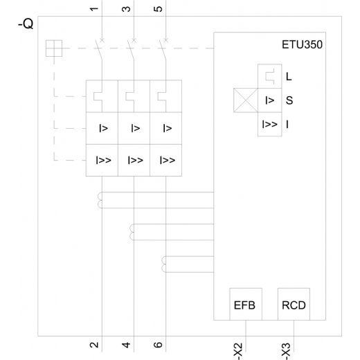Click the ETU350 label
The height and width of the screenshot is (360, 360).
point(302,44)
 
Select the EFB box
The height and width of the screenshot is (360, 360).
point(246,304)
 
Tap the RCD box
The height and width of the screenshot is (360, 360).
point(294,304)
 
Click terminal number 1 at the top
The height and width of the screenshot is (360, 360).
point(94,9)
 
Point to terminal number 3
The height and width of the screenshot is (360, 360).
point(126,9)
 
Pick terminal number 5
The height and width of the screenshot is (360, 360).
point(158,9)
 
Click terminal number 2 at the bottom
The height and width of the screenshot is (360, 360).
point(94,345)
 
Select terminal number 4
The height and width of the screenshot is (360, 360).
point(126,345)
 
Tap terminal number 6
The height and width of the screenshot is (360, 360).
point(158,345)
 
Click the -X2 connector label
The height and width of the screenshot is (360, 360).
point(238,352)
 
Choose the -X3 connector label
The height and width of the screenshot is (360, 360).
point(286,352)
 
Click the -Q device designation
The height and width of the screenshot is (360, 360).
point(26,24)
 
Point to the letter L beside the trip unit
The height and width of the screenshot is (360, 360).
point(289,76)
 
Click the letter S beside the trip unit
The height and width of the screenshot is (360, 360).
point(289,100)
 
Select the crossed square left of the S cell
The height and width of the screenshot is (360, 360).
point(246,100)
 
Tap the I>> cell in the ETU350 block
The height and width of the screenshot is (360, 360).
point(270,125)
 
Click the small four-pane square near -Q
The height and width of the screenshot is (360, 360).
point(54,48)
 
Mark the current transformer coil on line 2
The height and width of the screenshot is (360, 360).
point(100,200)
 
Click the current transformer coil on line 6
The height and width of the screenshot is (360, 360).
point(163,264)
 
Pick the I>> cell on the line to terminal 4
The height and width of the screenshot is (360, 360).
point(134,161)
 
